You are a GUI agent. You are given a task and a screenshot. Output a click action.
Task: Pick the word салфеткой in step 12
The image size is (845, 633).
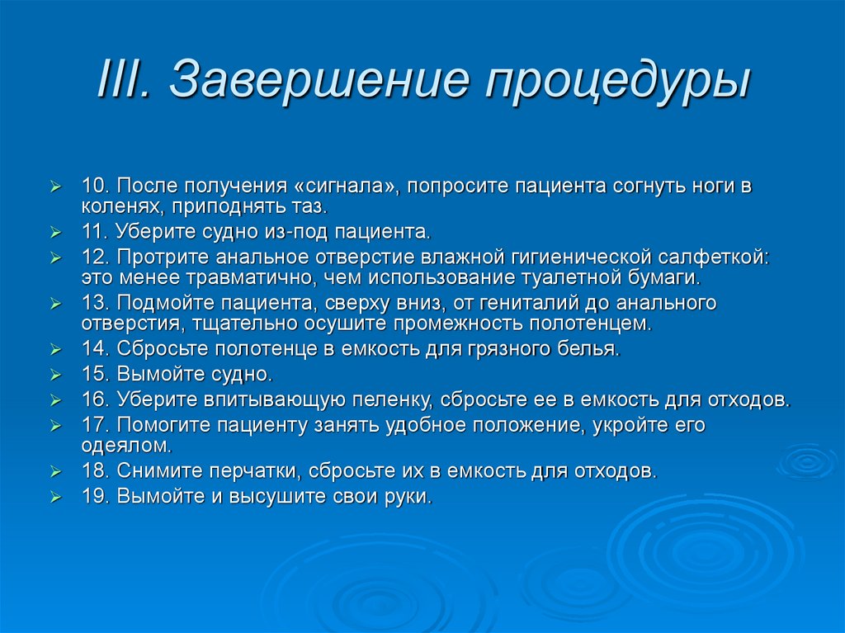(x=715, y=257)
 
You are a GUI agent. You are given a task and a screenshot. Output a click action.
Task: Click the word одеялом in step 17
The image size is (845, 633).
(x=126, y=446)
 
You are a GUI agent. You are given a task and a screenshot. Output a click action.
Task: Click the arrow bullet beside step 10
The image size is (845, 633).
(x=55, y=187)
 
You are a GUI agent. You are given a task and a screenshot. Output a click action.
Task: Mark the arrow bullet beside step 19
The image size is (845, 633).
(x=55, y=498)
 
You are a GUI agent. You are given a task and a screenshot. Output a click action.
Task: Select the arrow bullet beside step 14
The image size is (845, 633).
(x=55, y=350)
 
